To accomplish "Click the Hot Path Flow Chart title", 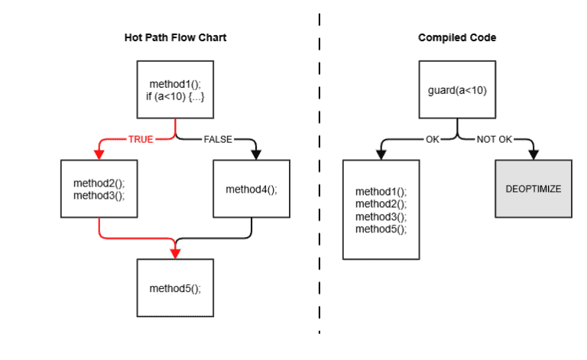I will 175,37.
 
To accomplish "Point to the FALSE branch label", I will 216,140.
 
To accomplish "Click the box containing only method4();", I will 251,188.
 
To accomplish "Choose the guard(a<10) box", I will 456,91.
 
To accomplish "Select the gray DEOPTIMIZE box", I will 533,188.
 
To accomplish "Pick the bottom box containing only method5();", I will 175,288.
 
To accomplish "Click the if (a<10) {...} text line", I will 175,97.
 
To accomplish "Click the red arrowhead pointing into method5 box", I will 175,255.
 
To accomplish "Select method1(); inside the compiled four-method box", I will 381,192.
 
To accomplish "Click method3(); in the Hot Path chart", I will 99,195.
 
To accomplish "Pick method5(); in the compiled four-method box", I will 381,229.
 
